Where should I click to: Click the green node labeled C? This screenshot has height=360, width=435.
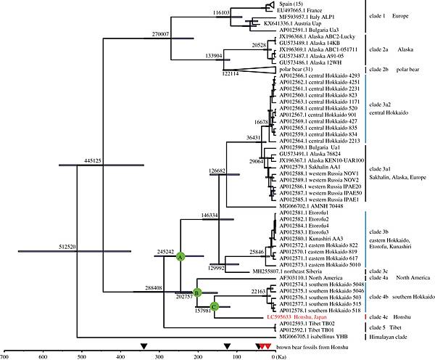[x=214, y=306]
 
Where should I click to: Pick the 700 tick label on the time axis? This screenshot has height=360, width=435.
[x=5, y=356]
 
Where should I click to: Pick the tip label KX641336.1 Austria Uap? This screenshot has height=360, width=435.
[x=295, y=22]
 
